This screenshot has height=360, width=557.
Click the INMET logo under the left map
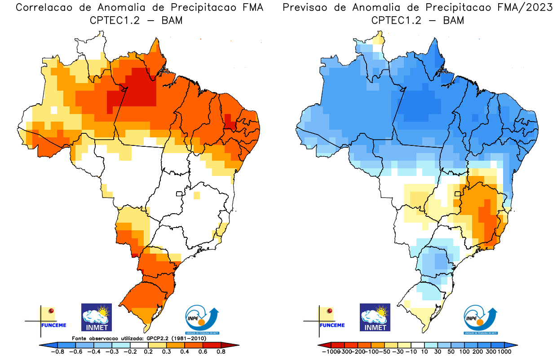click(96, 317)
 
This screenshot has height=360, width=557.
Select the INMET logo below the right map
click(375, 317)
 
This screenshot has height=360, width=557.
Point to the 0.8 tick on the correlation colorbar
click(221, 352)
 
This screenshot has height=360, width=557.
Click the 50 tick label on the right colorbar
click(451, 352)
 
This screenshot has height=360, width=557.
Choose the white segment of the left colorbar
click(139, 345)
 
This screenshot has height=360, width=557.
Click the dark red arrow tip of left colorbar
click(234, 345)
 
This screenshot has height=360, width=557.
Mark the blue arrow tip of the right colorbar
click(514, 345)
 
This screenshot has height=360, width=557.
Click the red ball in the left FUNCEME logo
click(51, 311)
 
